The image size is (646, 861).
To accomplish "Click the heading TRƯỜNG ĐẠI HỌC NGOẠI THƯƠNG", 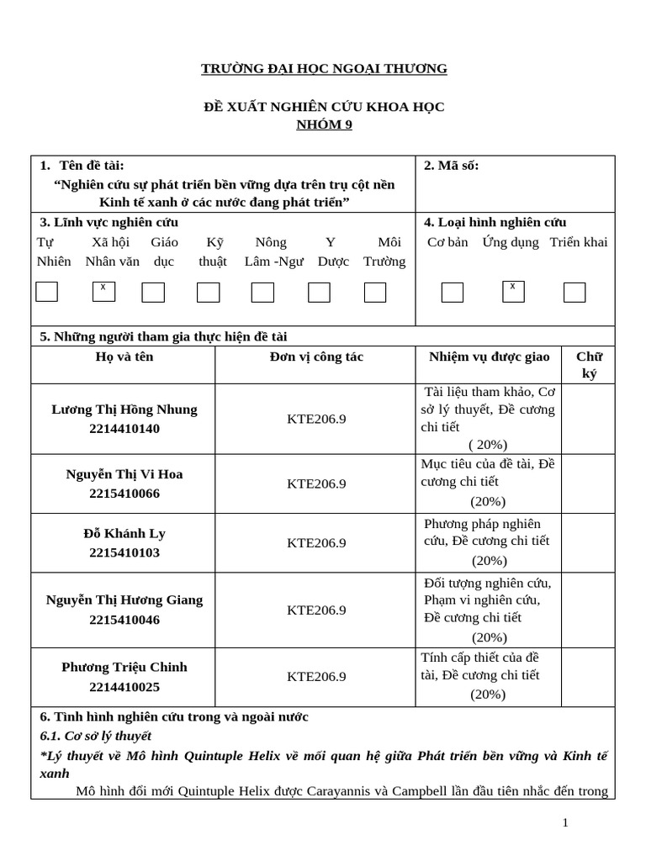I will tap(324, 69).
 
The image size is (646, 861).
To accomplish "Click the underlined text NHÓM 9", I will tap(324, 125).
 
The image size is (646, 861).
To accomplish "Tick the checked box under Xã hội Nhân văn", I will tap(103, 292).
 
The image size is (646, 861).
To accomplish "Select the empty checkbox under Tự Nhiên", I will tap(47, 292).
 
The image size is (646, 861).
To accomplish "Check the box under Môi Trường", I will tap(375, 292).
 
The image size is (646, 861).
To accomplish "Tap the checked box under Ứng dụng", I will tap(513, 292).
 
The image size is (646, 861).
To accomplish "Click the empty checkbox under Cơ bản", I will tap(453, 292).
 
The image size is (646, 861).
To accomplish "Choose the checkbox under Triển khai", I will tap(575, 292).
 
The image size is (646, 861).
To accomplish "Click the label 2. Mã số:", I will tap(452, 166).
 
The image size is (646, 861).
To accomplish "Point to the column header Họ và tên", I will tap(124, 357).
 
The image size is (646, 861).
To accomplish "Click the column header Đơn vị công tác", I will tap(316, 357).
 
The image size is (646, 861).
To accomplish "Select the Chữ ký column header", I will tap(589, 365).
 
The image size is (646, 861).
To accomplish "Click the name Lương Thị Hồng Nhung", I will tap(124, 409).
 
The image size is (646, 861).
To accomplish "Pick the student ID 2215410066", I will tap(124, 494).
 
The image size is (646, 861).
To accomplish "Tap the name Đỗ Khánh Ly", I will tap(124, 534).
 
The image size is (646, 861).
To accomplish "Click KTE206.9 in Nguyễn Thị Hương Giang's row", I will tap(316, 610).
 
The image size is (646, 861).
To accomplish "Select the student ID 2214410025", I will tap(124, 687).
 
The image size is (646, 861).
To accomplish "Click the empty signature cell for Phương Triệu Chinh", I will tap(588, 677).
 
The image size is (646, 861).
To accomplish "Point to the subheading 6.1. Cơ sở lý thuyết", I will tap(96, 736).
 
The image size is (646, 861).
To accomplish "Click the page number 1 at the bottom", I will tap(566, 822).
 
